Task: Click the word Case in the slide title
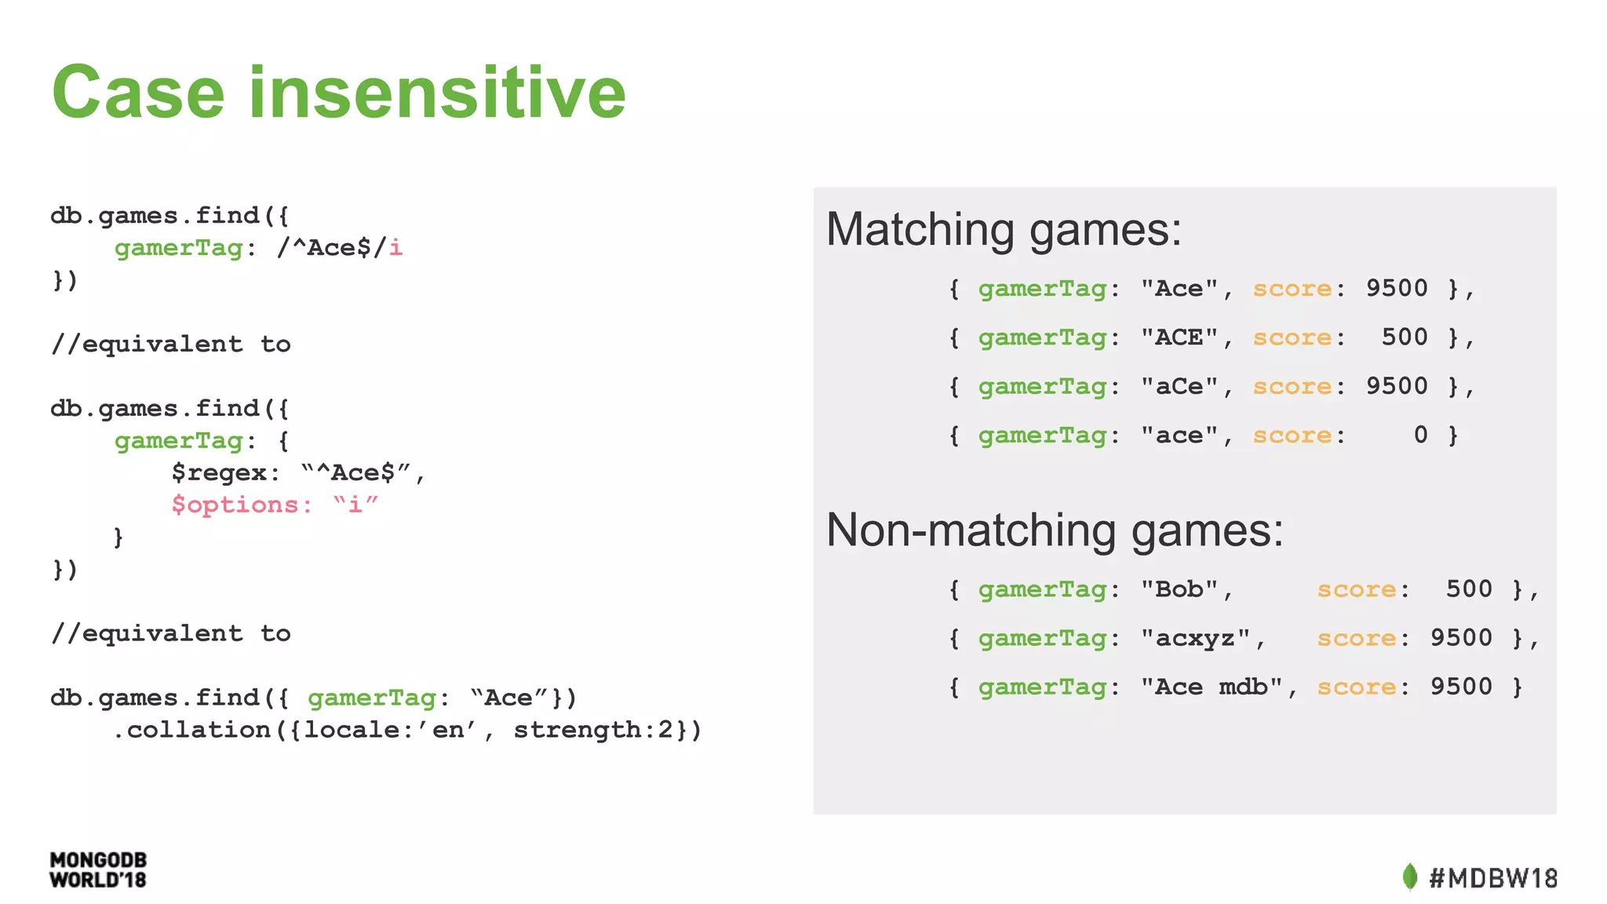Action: (x=138, y=93)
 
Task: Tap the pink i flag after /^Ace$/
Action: (x=395, y=248)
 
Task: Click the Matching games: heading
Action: (x=1004, y=230)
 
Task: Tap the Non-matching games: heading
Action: (x=1055, y=530)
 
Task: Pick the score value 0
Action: (x=1420, y=436)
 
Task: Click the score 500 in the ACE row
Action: (x=1405, y=338)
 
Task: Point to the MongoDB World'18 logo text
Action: (x=98, y=870)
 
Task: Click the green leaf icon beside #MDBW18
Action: (x=1410, y=877)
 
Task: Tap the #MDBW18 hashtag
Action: (x=1493, y=878)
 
